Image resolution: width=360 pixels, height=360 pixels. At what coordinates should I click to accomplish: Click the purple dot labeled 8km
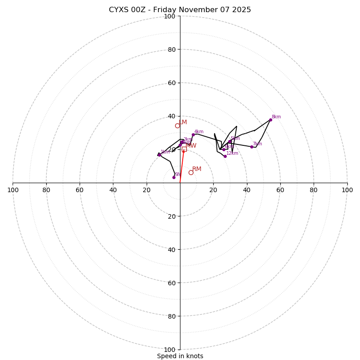tap(270, 120)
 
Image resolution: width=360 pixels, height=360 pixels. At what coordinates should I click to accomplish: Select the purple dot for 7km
tap(252, 147)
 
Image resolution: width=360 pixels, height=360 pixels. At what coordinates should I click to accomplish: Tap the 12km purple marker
tap(225, 156)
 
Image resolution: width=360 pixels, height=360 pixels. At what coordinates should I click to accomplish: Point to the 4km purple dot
tap(193, 135)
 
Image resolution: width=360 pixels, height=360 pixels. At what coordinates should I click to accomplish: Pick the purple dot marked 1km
tap(159, 155)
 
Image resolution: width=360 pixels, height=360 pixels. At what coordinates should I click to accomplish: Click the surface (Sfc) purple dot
tap(174, 177)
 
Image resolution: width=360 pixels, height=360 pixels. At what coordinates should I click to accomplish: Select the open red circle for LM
tap(177, 126)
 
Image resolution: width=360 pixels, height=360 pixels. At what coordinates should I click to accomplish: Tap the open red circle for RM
tap(191, 172)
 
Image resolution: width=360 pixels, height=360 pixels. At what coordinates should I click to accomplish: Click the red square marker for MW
tap(184, 149)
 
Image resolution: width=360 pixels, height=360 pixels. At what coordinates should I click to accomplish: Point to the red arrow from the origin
tap(182, 166)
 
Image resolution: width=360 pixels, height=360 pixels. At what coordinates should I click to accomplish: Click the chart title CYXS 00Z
tap(180, 10)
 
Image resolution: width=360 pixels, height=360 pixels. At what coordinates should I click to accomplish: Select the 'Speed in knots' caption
tap(180, 356)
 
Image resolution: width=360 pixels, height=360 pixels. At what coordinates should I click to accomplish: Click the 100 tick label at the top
tap(170, 16)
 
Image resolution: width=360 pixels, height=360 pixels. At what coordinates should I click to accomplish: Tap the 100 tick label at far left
tap(13, 190)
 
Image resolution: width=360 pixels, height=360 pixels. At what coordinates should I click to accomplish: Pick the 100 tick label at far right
tap(347, 190)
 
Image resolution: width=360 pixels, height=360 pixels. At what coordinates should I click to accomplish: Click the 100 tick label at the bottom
tap(170, 350)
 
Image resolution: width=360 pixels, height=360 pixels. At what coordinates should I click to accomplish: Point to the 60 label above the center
tap(171, 83)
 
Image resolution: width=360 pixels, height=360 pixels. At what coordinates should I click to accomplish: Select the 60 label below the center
tap(171, 283)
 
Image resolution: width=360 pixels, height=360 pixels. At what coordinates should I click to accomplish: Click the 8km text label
tap(276, 117)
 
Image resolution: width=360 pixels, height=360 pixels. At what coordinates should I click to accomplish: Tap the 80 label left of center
tap(46, 190)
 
